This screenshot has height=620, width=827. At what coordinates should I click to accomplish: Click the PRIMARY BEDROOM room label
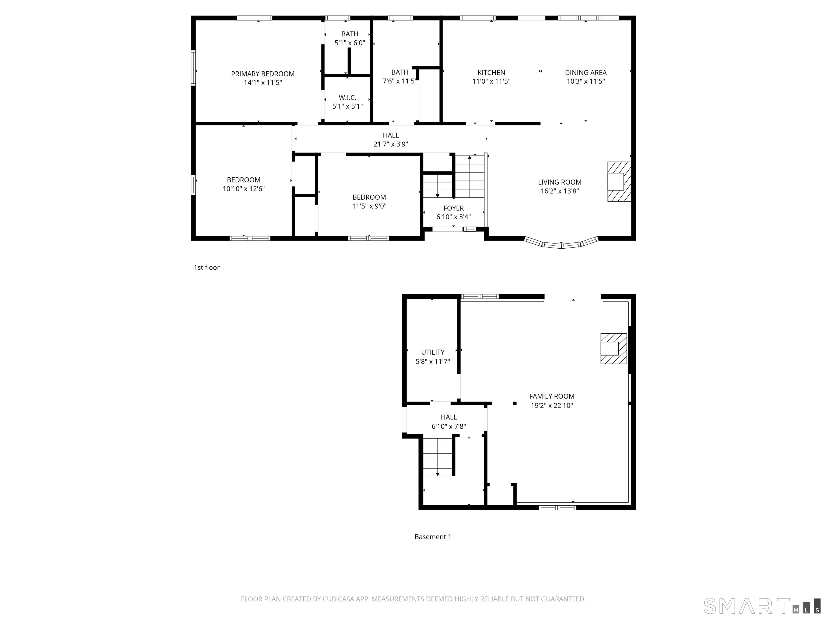262,74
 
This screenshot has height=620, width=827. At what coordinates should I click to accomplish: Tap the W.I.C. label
347,97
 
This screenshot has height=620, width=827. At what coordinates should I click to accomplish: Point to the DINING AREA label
586,72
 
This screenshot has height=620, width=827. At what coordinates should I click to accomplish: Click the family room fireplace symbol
613,348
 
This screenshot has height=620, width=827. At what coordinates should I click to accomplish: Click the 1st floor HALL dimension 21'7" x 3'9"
390,144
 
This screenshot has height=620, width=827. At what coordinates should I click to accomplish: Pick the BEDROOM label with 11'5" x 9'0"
369,197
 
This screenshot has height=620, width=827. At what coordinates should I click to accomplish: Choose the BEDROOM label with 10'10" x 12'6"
243,180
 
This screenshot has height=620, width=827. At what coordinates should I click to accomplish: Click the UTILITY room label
433,352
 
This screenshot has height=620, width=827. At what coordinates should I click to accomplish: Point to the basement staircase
438,456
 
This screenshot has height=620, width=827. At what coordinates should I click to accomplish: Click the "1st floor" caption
206,267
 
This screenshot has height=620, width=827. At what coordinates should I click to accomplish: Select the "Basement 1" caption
433,537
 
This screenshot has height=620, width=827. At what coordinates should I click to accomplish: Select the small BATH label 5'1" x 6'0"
350,34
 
